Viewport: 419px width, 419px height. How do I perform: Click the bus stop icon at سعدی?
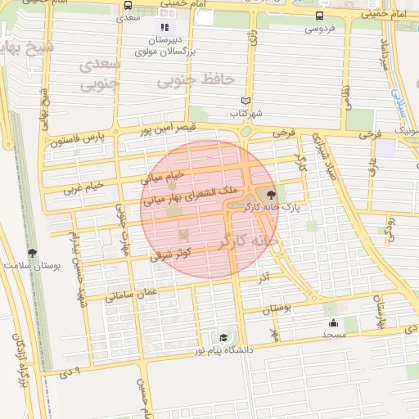127,5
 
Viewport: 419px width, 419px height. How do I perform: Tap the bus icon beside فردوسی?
318,16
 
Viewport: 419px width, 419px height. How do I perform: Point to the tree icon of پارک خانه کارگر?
271,194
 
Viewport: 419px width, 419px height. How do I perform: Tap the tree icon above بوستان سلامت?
32,253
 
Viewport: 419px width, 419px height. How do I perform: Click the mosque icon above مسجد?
332,322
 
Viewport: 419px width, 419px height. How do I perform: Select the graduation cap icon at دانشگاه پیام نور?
223,337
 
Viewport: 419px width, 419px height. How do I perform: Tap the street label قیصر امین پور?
169,128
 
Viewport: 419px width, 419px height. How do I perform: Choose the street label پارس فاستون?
79,140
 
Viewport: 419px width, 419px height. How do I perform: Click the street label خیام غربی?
85,187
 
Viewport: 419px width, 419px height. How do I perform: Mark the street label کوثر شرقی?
171,254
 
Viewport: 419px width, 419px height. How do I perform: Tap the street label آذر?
263,277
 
